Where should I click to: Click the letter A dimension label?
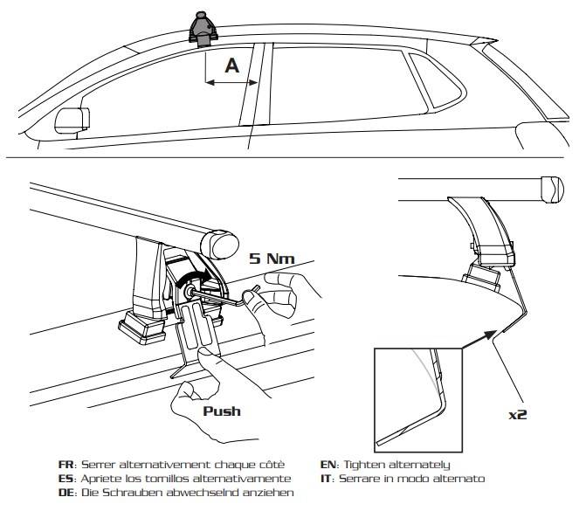tap(231, 64)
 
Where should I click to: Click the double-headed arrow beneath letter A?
tap(231, 84)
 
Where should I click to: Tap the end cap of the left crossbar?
tap(216, 242)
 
